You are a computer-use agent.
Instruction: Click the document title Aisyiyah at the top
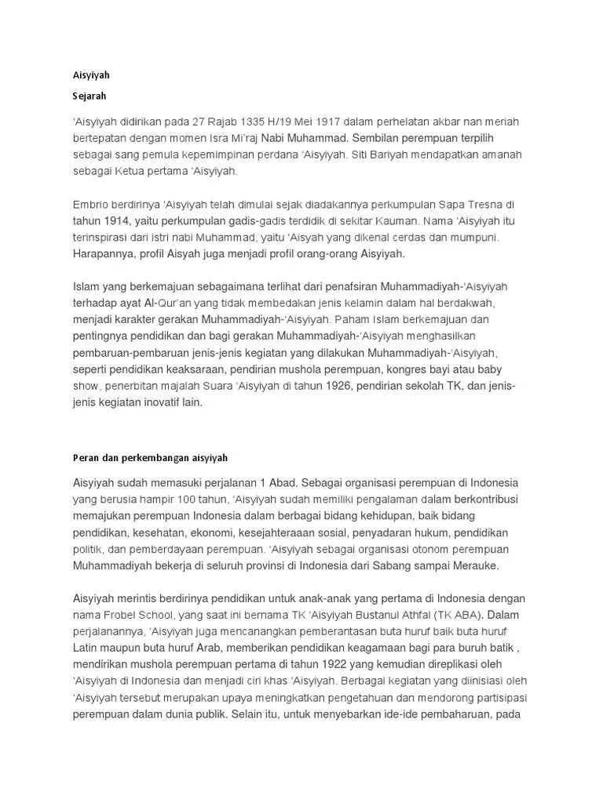click(91, 76)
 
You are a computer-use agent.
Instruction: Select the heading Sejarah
click(90, 96)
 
